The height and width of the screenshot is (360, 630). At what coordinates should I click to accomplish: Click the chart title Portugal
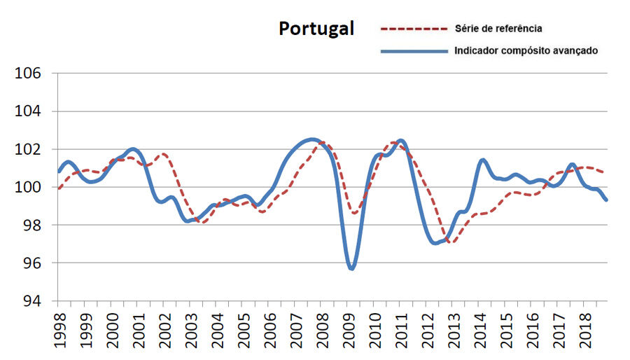[x=316, y=28]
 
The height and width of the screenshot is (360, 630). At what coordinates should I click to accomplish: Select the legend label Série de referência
[x=498, y=29]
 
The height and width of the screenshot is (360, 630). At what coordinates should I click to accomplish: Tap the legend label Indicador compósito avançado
[x=525, y=50]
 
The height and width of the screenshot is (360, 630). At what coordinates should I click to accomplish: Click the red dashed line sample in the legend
[x=413, y=29]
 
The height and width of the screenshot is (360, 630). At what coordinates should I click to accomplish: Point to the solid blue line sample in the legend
[x=413, y=50]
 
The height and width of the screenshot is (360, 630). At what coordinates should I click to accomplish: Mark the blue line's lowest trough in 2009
[x=351, y=268]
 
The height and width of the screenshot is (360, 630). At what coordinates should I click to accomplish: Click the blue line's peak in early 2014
[x=482, y=160]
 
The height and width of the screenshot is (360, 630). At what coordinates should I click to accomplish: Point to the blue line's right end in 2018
[x=606, y=200]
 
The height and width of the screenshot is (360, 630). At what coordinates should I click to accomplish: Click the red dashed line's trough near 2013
[x=450, y=242]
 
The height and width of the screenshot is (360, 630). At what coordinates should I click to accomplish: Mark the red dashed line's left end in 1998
[x=59, y=188]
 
